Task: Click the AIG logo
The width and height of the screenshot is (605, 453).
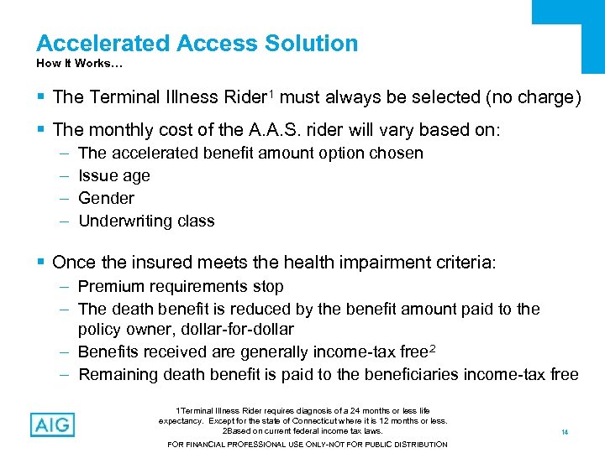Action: (51, 424)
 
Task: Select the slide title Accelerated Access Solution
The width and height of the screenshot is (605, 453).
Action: (197, 44)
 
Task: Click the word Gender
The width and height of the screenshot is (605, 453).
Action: (106, 199)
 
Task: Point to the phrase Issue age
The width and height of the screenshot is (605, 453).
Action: (114, 176)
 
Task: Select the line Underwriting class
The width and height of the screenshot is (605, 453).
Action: (146, 221)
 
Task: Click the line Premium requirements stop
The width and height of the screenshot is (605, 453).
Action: (181, 287)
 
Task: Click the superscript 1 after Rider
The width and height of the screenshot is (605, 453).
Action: (271, 92)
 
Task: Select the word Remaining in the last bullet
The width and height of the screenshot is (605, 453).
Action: (118, 375)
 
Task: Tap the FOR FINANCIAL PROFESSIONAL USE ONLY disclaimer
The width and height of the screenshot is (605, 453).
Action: (308, 444)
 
